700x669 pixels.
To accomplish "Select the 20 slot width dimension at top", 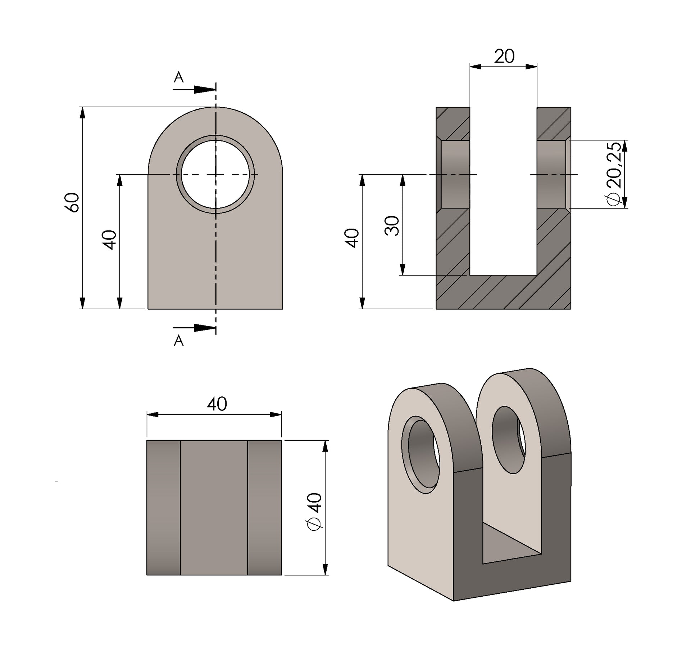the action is point(504,56).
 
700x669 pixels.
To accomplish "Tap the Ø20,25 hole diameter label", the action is point(613,174).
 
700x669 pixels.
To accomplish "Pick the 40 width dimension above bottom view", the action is point(217,404).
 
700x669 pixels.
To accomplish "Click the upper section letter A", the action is point(178,77).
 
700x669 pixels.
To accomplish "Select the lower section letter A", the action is point(178,340).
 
